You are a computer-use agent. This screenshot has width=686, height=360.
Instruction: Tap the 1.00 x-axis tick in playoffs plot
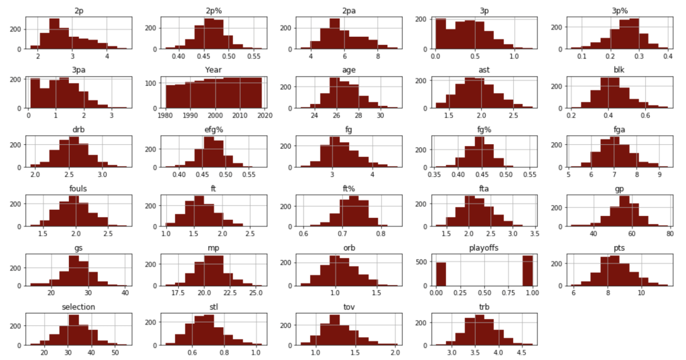click(x=529, y=295)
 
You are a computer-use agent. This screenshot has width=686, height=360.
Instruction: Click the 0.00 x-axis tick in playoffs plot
click(x=436, y=295)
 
